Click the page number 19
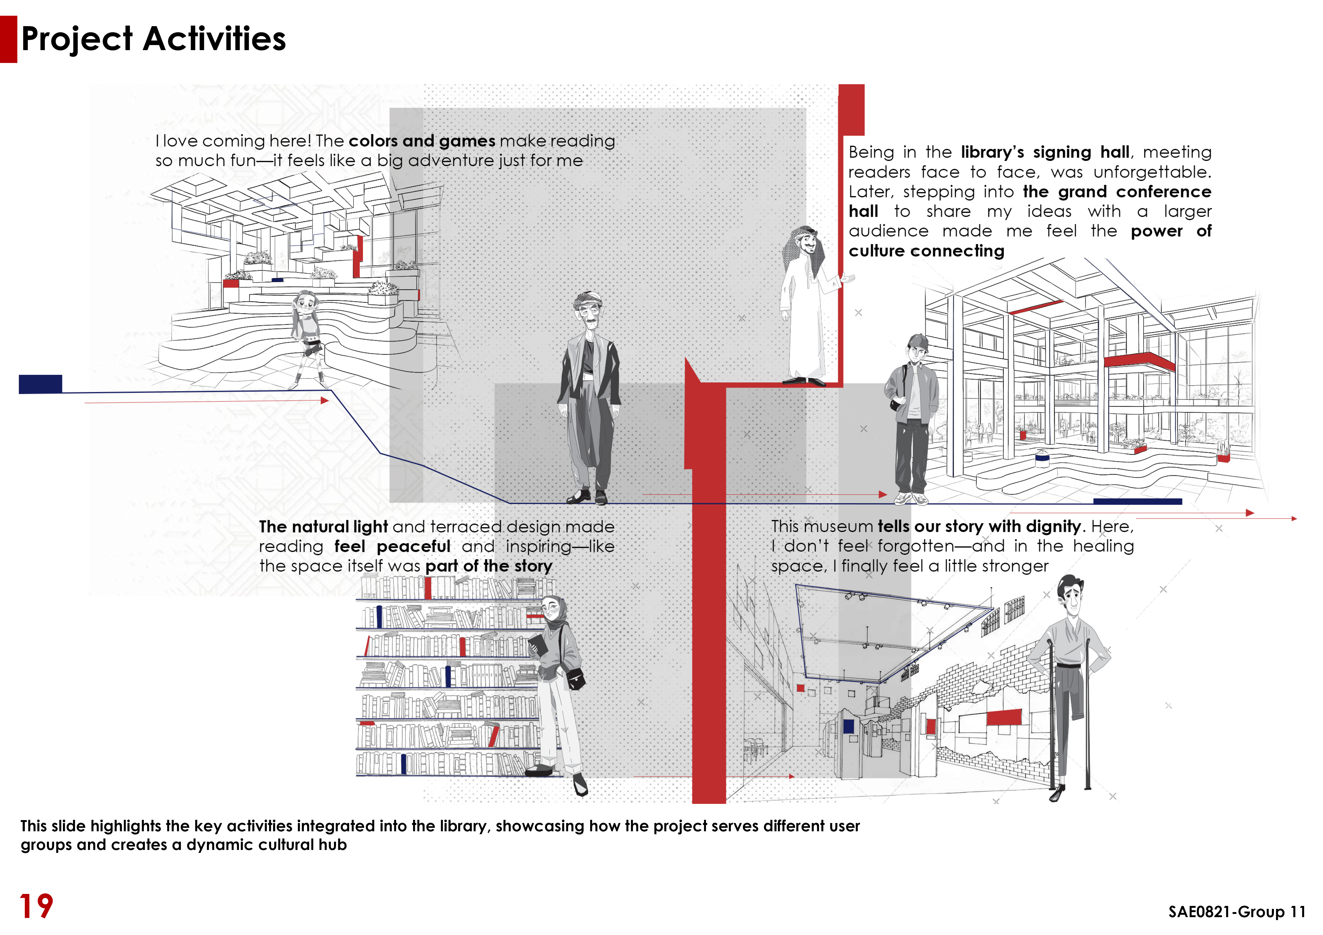tap(36, 906)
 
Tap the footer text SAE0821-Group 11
tap(1237, 912)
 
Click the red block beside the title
tap(9, 39)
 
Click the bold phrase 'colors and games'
tap(422, 141)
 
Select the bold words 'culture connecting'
tap(926, 251)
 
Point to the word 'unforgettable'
tap(1152, 172)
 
